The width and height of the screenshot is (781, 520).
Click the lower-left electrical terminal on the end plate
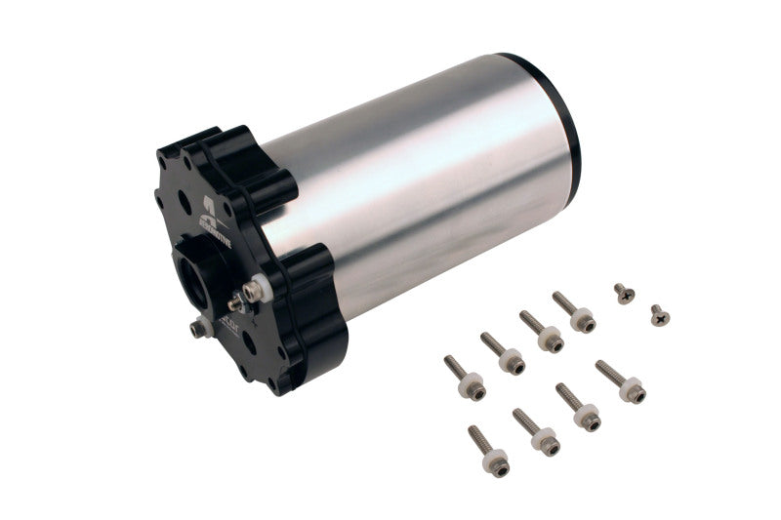(x=200, y=329)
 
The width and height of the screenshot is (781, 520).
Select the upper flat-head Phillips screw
(x=623, y=292)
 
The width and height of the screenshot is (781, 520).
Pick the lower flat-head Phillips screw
(x=659, y=314)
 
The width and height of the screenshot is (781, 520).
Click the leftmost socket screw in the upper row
(x=464, y=379)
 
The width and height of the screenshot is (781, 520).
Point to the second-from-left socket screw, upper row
(x=502, y=353)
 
